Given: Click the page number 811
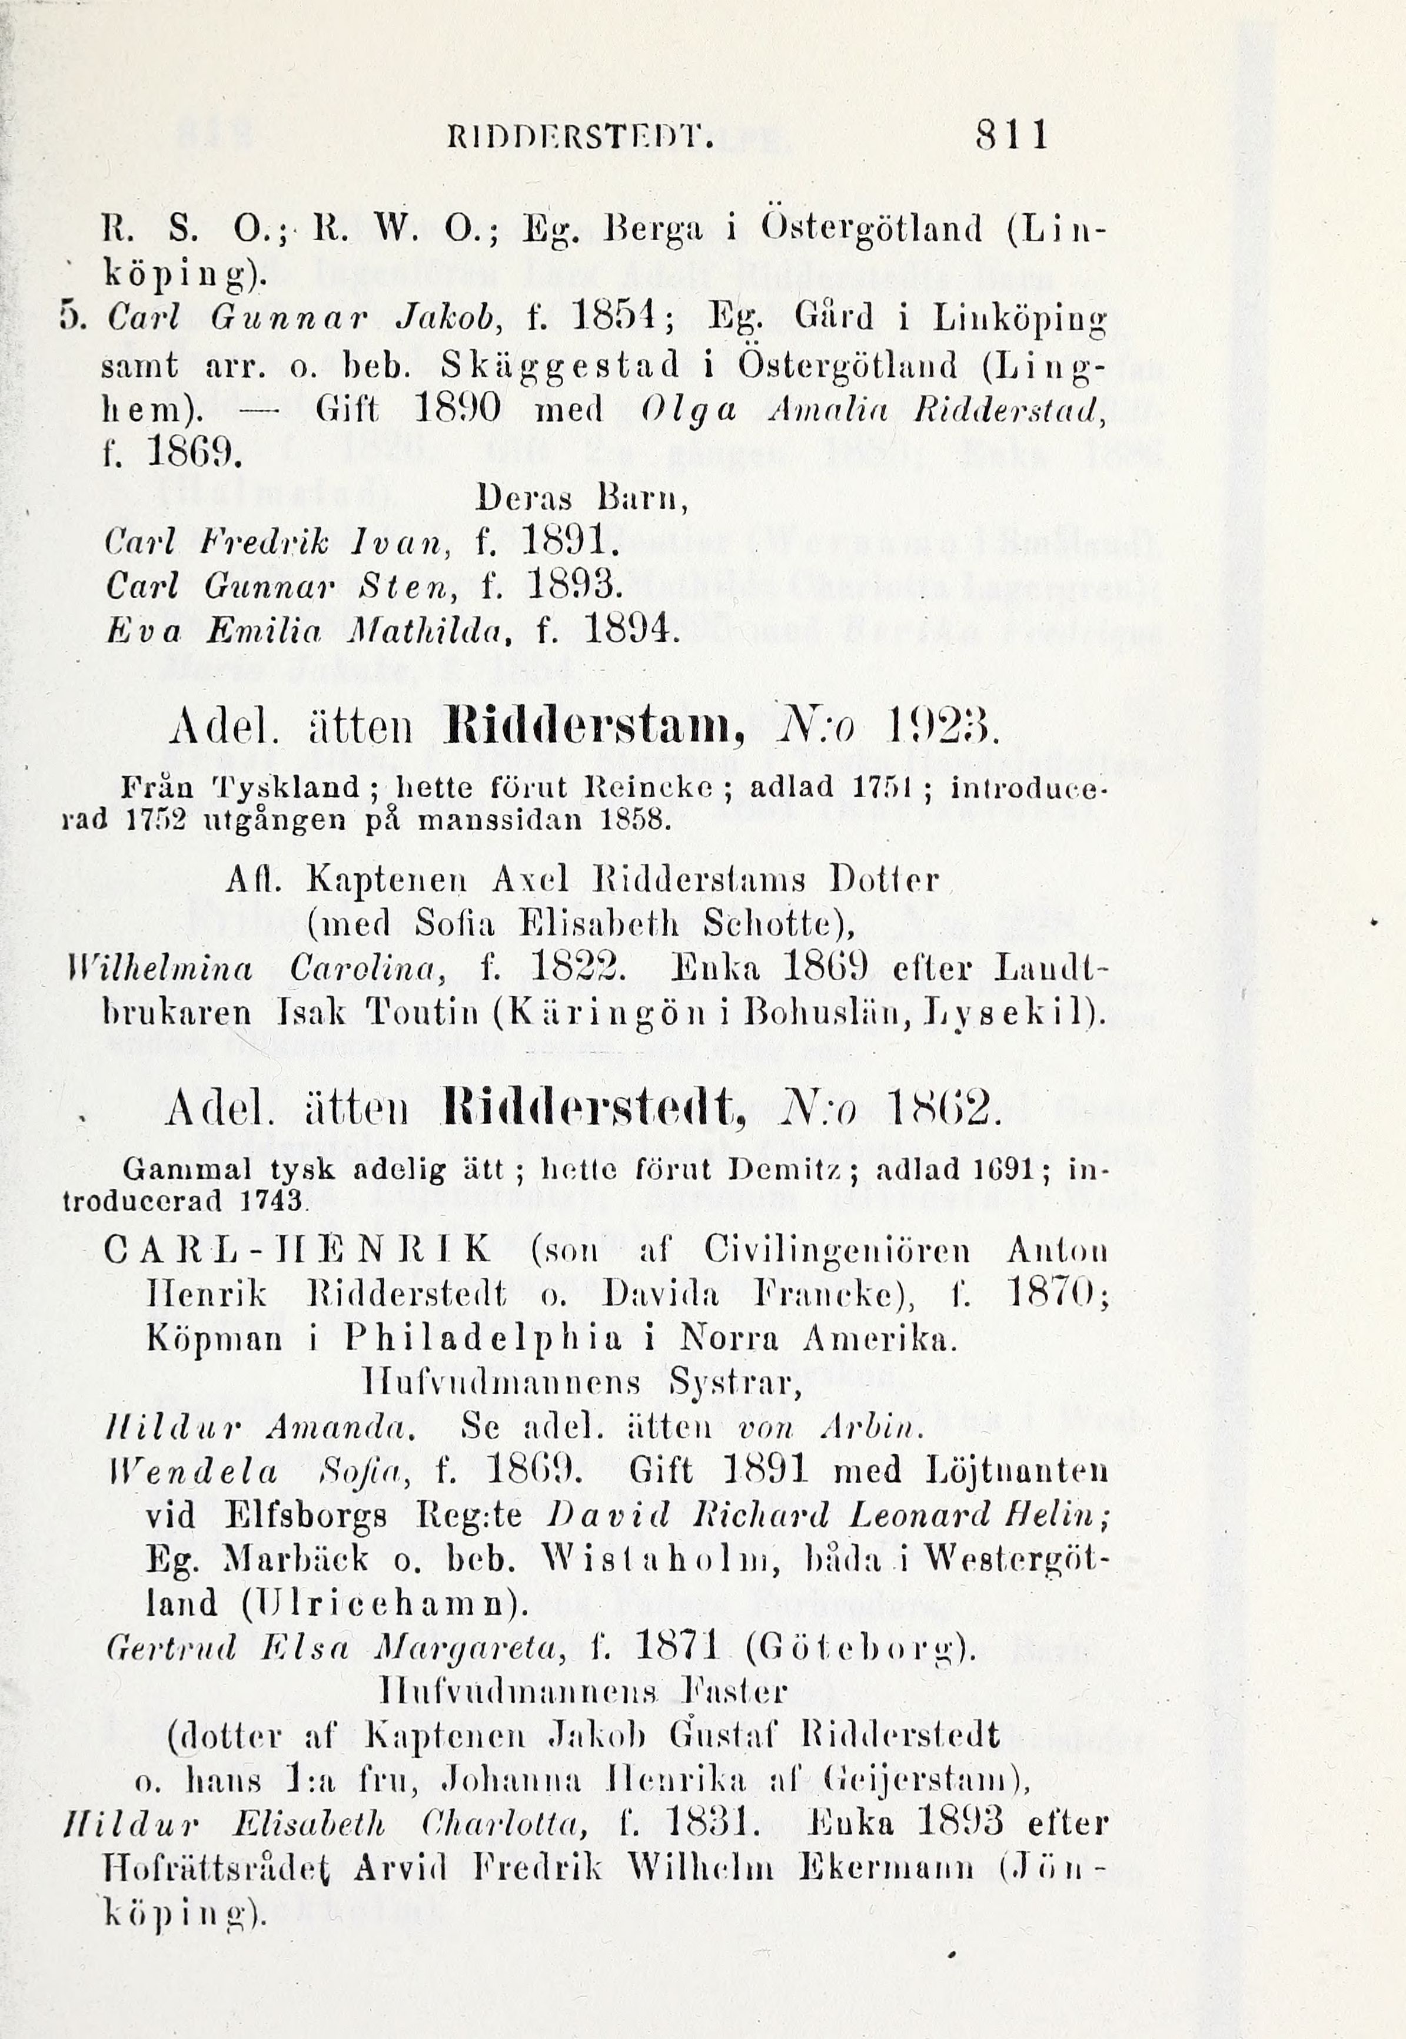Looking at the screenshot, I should pyautogui.click(x=1011, y=137).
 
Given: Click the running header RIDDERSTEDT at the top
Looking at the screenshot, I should pyautogui.click(x=580, y=138).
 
